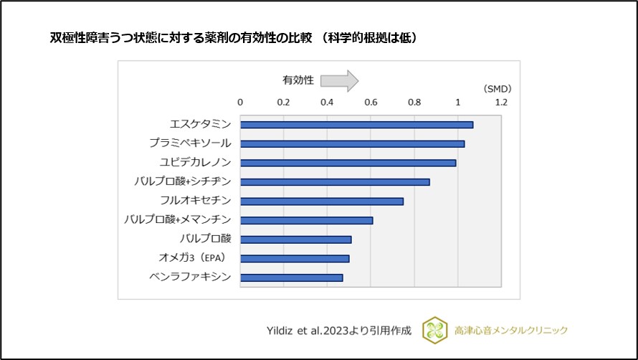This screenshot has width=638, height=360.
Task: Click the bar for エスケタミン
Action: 356,125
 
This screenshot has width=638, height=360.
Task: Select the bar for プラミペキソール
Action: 352,143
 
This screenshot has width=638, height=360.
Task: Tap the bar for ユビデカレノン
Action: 348,163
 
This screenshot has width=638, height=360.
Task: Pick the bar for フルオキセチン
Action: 322,201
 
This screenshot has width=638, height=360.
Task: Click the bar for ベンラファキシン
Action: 291,278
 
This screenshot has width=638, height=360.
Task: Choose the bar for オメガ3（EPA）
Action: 295,258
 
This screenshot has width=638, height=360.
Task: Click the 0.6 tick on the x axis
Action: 371,103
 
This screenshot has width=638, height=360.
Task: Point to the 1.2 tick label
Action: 501,103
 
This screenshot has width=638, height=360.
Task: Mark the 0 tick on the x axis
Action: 240,103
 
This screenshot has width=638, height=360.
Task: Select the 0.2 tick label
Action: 284,103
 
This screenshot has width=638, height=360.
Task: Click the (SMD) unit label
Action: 497,89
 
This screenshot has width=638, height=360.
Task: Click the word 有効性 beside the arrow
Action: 297,80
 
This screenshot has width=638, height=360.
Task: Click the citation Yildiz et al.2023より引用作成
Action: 338,331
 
